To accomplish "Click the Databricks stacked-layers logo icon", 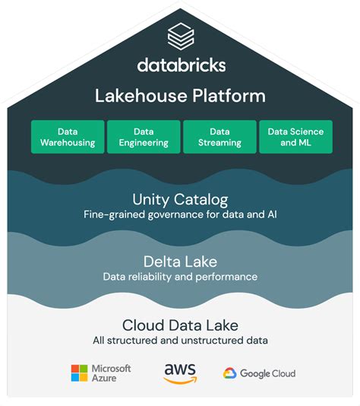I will pyautogui.click(x=180, y=35).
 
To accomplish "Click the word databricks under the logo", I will pyautogui.click(x=181, y=65).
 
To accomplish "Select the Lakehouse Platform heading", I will pyautogui.click(x=180, y=96).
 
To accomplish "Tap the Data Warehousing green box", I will pyautogui.click(x=68, y=137).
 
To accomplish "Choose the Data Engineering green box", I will pyautogui.click(x=143, y=137).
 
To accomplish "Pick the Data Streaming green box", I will pyautogui.click(x=219, y=137).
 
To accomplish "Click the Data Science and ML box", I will pyautogui.click(x=295, y=137).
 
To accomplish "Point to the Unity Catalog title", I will pyautogui.click(x=180, y=200).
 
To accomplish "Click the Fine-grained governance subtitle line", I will pyautogui.click(x=180, y=215).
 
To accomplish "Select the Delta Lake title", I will pyautogui.click(x=180, y=262).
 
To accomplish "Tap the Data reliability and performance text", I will pyautogui.click(x=180, y=277).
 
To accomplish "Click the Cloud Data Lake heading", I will pyautogui.click(x=180, y=325).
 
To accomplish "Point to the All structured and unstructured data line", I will pyautogui.click(x=180, y=340).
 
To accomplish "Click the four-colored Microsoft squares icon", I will pyautogui.click(x=79, y=373).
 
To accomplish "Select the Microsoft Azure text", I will pyautogui.click(x=111, y=373).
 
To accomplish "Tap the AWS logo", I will pyautogui.click(x=180, y=373).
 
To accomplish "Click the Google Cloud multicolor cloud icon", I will pyautogui.click(x=230, y=373).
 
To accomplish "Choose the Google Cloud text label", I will pyautogui.click(x=267, y=373).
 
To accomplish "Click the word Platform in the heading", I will pyautogui.click(x=228, y=96).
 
